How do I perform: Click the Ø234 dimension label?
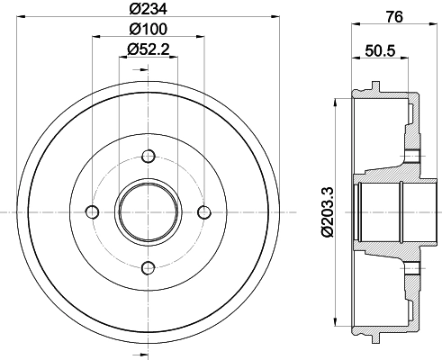coord(148,9)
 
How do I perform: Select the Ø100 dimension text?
coord(148,29)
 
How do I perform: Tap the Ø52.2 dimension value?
coord(148,49)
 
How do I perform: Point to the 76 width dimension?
coord(394,17)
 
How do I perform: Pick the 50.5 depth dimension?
coord(380,50)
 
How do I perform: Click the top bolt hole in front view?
coord(149,157)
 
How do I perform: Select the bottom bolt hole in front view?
coord(149,268)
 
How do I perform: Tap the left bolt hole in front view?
coord(93,212)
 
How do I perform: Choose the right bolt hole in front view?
coord(204,212)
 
